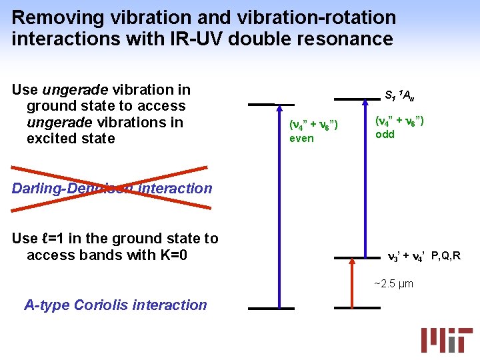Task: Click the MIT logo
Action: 446,339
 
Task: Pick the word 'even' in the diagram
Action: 301,138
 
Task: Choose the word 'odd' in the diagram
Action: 385,134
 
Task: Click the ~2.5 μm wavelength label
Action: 393,284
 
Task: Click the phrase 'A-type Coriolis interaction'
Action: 115,305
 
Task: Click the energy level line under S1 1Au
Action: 357,99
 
